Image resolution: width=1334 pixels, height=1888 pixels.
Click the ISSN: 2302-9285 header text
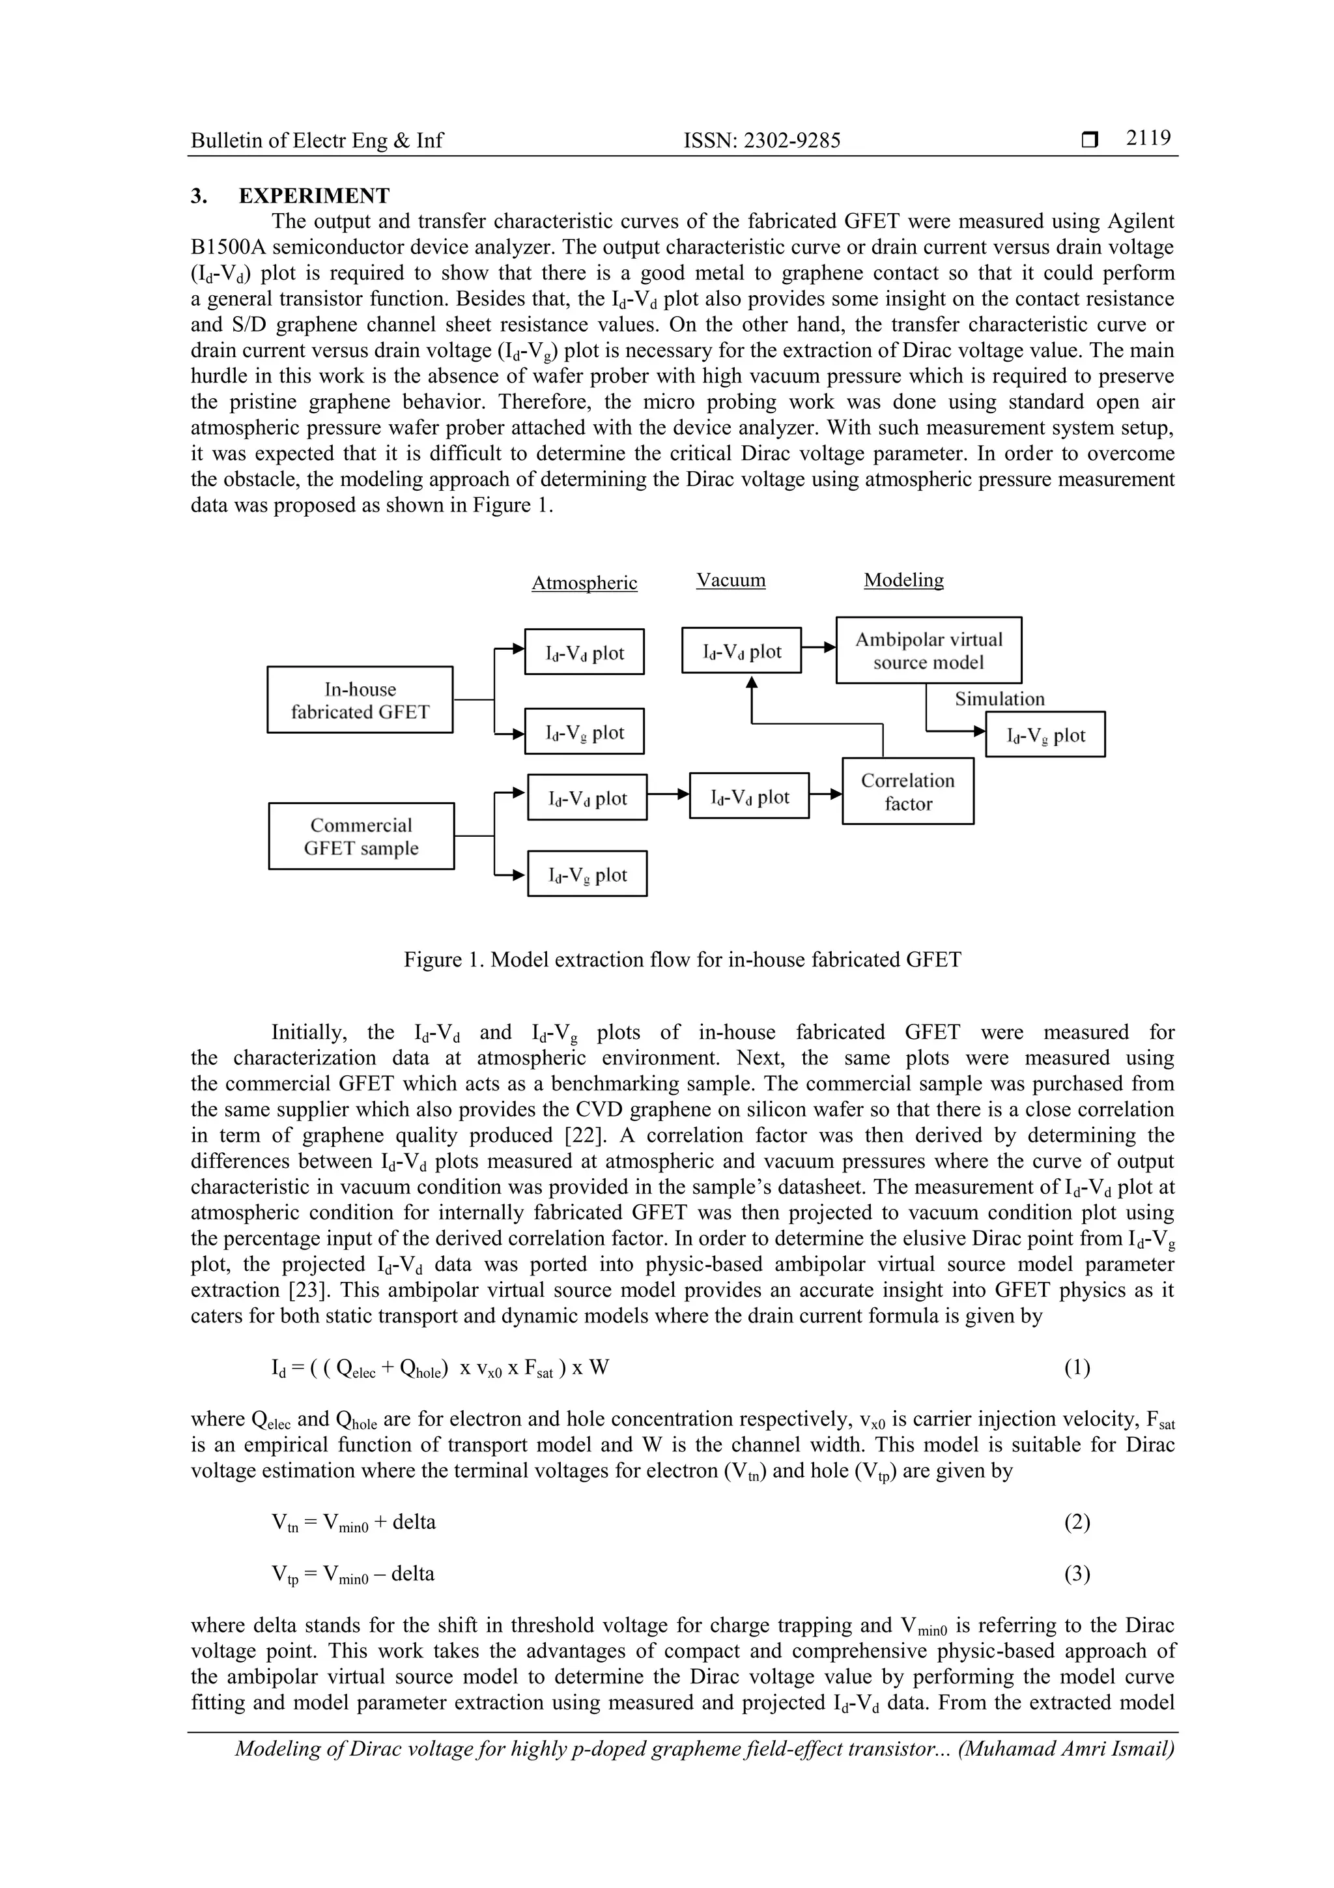(x=762, y=141)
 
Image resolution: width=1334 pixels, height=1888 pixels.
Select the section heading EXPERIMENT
(x=314, y=196)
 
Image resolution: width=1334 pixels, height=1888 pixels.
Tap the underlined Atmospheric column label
(x=584, y=583)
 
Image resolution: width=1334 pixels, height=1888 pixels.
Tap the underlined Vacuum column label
(x=731, y=580)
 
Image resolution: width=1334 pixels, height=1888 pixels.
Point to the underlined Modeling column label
(x=903, y=580)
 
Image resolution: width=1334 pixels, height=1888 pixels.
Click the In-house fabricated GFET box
(x=360, y=700)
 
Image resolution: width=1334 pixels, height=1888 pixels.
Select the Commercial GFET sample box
(x=361, y=836)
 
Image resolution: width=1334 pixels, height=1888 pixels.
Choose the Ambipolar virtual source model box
(x=928, y=650)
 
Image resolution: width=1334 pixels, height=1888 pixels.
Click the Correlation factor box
(x=907, y=791)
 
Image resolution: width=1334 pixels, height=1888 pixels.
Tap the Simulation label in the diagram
(x=999, y=699)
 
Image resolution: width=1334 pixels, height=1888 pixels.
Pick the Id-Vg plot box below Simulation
(x=1045, y=735)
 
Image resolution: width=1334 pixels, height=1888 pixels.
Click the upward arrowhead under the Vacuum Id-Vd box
(x=751, y=682)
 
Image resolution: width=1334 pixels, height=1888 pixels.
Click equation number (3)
(x=1077, y=1574)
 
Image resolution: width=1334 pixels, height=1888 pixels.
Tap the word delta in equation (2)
(x=414, y=1522)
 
